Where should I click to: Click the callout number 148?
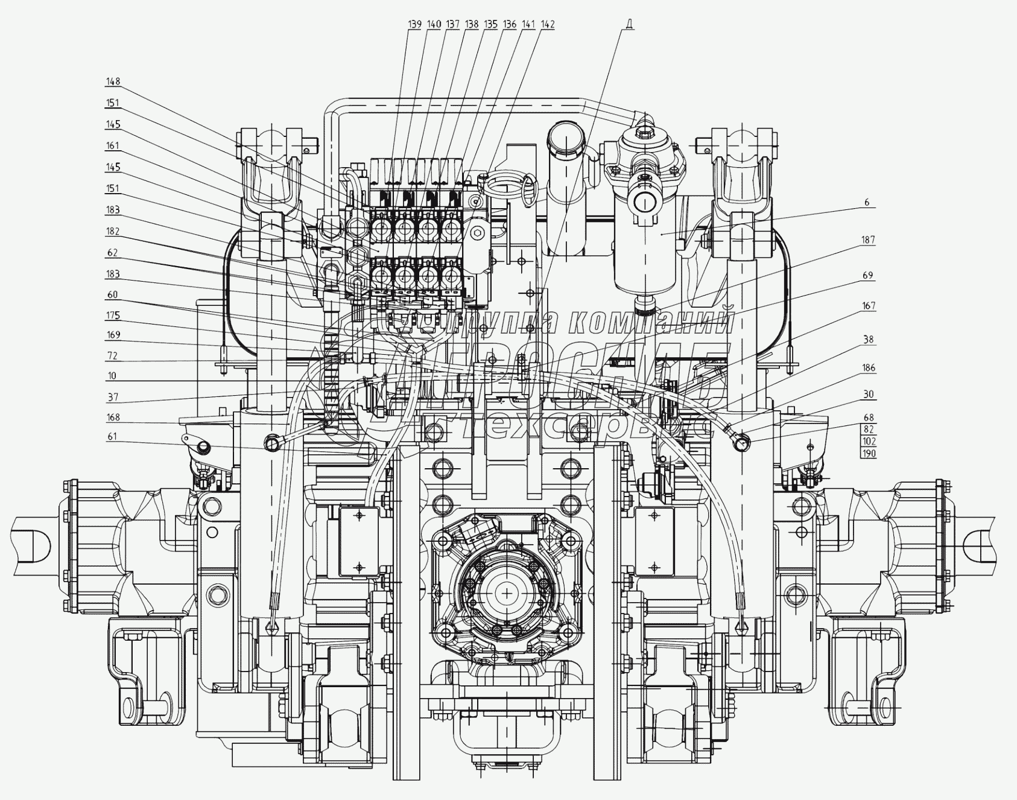coord(113,81)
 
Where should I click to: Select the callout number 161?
coord(113,145)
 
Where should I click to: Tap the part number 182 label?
coord(113,231)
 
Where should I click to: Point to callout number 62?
coord(113,252)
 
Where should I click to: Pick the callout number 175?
coord(113,316)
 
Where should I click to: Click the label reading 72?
coord(113,356)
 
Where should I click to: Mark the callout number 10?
coord(113,376)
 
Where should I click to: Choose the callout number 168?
coord(113,417)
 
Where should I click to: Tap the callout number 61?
coord(113,436)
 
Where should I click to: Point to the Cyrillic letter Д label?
coord(629,24)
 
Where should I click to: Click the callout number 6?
coord(867,202)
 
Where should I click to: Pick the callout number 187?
coord(867,240)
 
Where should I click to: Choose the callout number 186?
coord(868,367)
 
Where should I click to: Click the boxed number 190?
coord(868,454)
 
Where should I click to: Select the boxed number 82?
coord(868,429)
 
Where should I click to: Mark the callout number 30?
coord(868,395)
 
